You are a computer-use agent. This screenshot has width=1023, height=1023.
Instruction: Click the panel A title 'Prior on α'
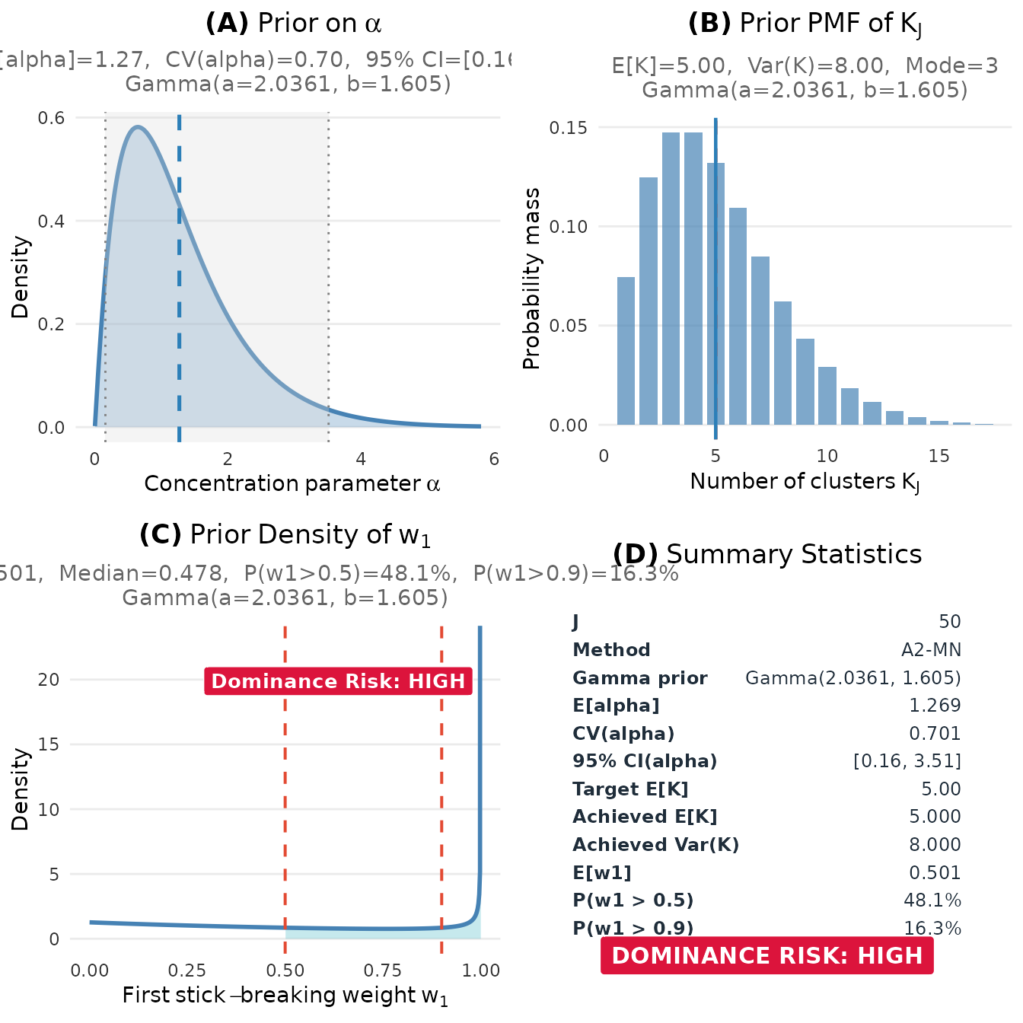(x=293, y=24)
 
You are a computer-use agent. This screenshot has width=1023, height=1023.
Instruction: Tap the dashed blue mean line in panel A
(x=179, y=304)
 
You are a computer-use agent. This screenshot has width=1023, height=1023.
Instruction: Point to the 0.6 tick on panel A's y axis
(x=52, y=118)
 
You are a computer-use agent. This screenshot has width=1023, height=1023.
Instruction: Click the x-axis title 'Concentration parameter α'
(x=292, y=484)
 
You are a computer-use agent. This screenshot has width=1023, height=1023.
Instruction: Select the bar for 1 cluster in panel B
(x=626, y=351)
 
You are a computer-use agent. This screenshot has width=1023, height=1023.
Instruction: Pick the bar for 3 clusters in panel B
(x=671, y=279)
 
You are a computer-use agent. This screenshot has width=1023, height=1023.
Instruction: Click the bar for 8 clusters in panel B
(x=782, y=363)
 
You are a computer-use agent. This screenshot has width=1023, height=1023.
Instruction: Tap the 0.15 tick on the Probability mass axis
(x=569, y=128)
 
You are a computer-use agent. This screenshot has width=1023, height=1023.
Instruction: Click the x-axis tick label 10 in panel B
(x=827, y=456)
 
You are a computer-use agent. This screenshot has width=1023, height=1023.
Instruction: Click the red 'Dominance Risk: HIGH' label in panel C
(x=338, y=681)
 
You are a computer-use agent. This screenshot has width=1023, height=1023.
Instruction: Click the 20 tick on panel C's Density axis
(x=49, y=680)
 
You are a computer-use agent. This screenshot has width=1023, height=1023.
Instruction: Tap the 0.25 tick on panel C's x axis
(x=187, y=970)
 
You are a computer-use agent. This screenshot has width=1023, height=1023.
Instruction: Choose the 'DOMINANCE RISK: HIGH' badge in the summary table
(x=767, y=956)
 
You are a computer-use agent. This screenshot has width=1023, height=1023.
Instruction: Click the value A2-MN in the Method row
(x=931, y=650)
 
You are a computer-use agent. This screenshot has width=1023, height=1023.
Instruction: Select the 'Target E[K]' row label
(x=630, y=789)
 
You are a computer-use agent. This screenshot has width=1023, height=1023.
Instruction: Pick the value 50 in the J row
(x=949, y=622)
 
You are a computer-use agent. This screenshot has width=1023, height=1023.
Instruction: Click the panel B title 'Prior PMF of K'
(x=805, y=24)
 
